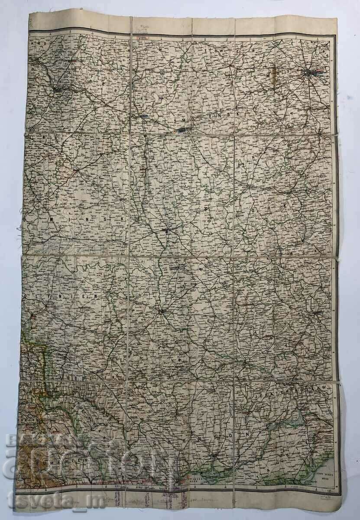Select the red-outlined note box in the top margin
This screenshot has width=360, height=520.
(142, 38)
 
